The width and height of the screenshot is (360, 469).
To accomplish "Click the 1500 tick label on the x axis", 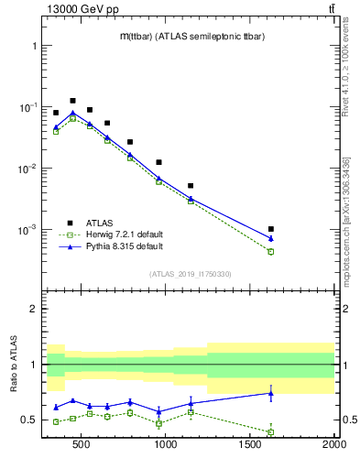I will point(250,446).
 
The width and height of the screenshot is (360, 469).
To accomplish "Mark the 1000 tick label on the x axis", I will point(166,446).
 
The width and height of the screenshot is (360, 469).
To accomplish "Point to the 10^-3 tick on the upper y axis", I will point(27,230).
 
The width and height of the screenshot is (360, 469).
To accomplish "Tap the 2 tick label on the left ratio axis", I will point(33,310).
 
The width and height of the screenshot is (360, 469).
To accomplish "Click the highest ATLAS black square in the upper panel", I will point(72,101).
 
